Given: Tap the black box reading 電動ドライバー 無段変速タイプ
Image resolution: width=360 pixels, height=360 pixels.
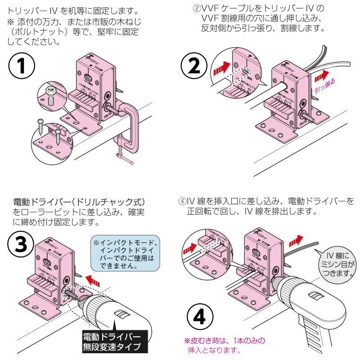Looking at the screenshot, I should coord(111,342).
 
